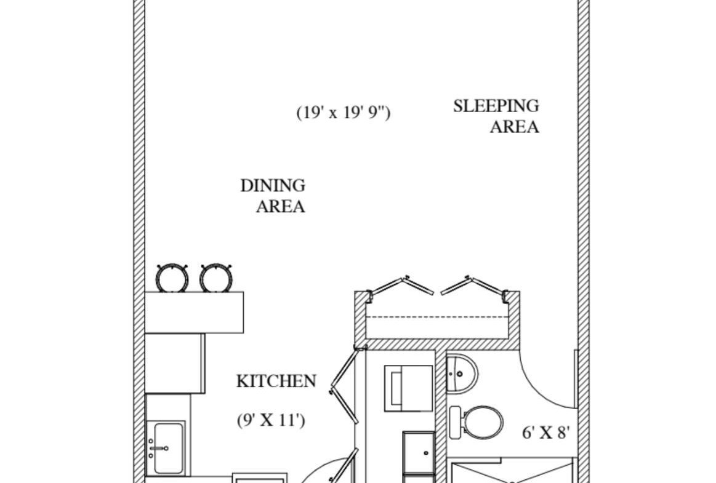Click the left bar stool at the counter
172,278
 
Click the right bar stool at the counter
215,278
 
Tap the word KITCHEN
276,381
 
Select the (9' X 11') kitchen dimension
271,421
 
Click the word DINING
273,185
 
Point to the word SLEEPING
496,106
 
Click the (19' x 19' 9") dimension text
344,113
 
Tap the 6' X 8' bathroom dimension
546,433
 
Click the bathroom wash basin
461,372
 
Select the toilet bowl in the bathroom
483,422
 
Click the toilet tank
456,422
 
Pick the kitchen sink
168,447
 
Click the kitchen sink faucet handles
151,448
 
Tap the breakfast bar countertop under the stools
194,312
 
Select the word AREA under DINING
280,206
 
